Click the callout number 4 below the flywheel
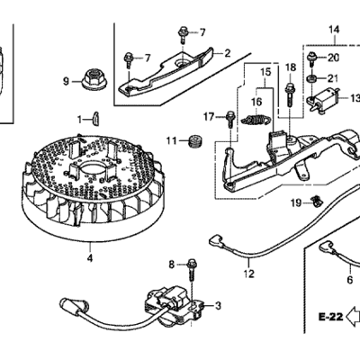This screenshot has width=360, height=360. click(90, 257)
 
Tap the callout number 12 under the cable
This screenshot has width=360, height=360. click(249, 274)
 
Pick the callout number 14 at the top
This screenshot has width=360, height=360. click(334, 30)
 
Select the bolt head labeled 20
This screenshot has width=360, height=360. click(313, 58)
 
